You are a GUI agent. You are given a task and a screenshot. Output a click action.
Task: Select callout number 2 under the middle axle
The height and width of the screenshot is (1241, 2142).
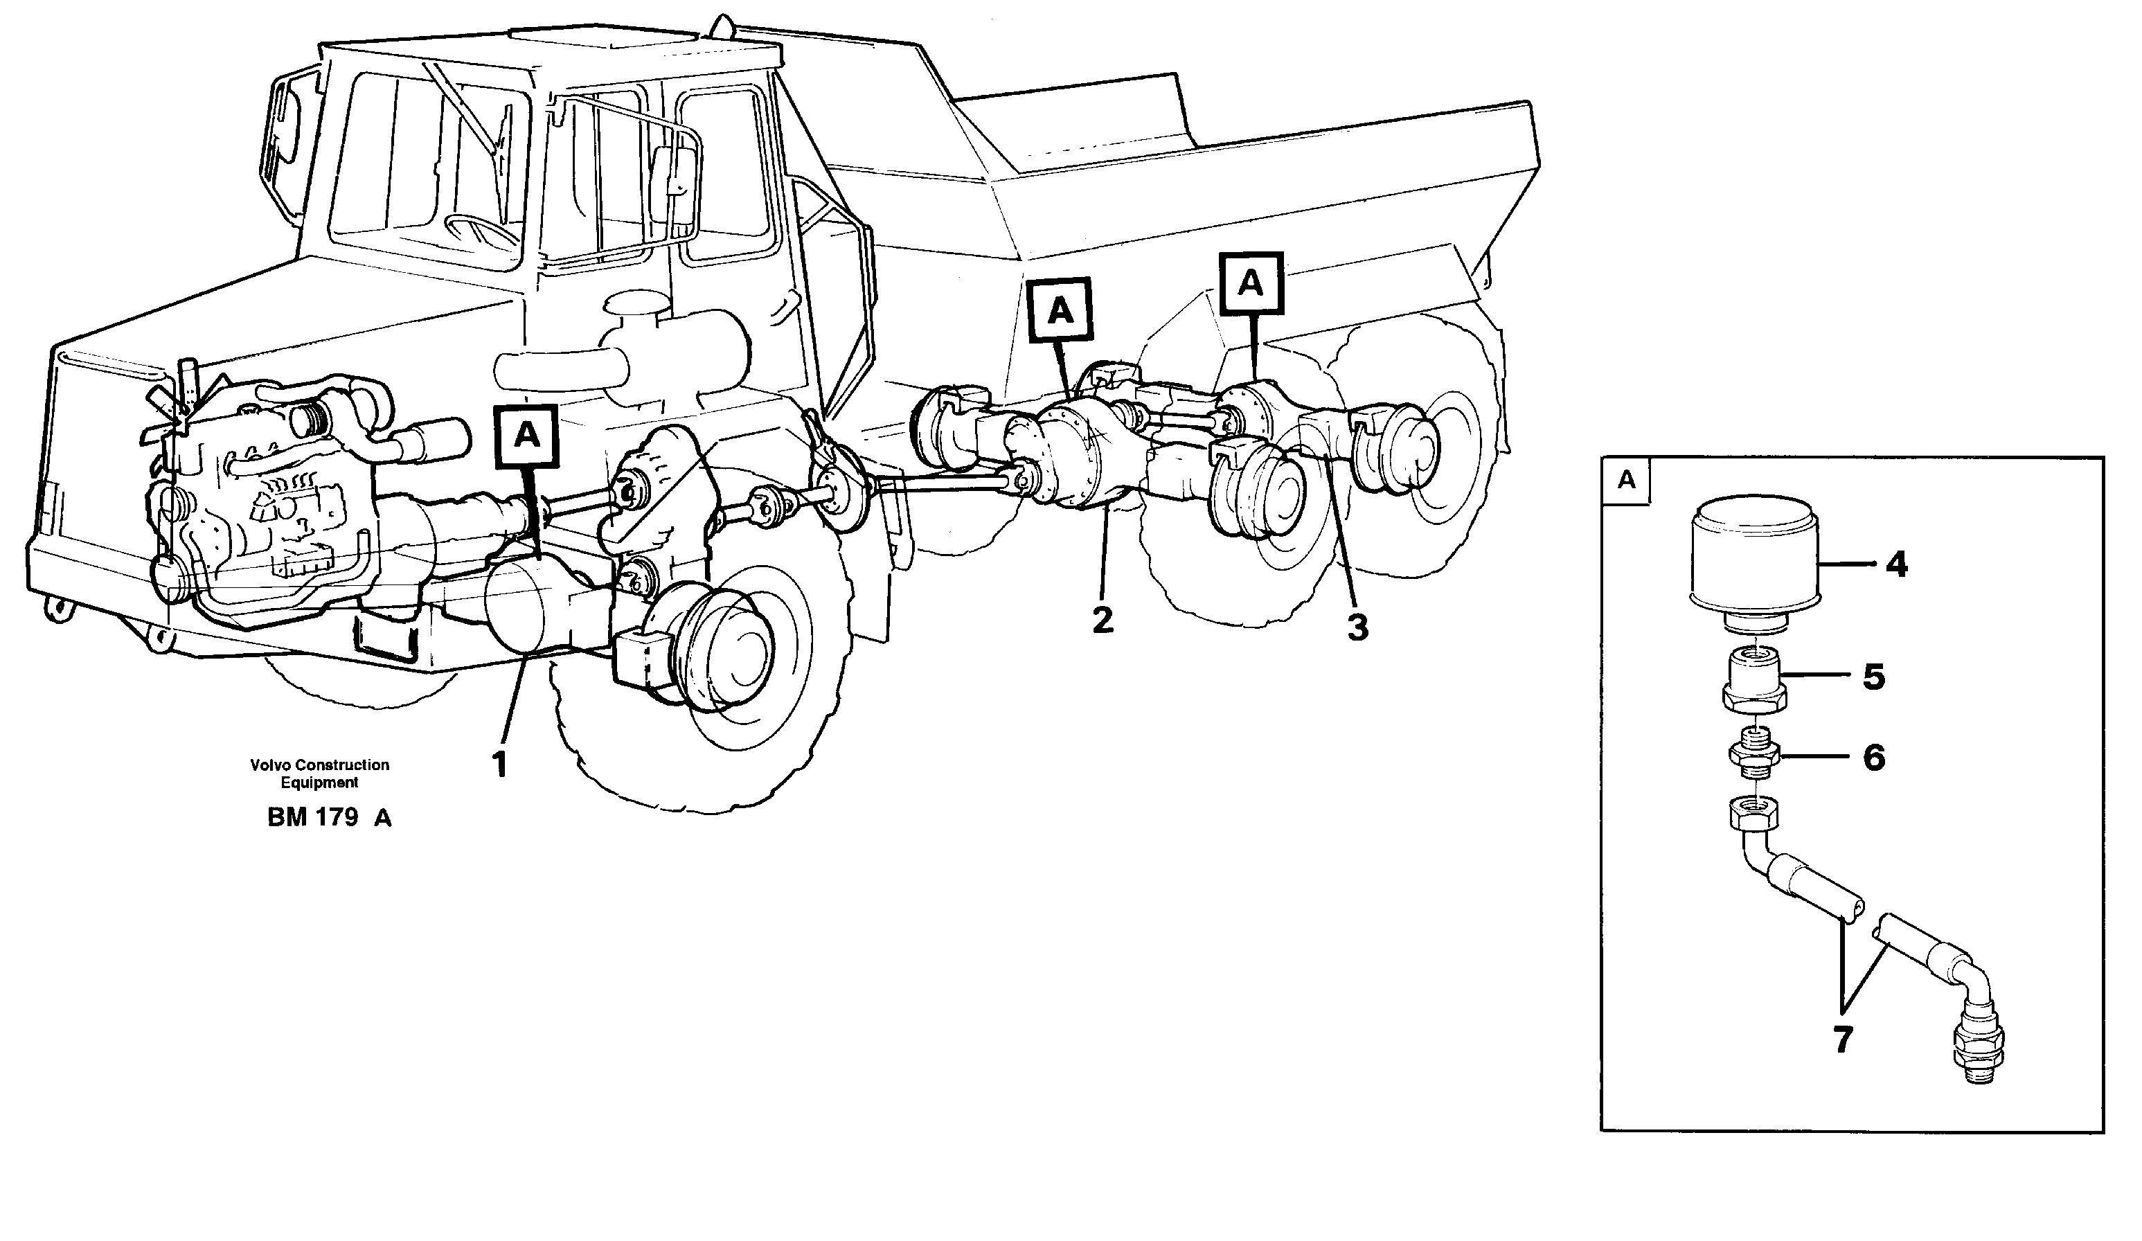(1102, 620)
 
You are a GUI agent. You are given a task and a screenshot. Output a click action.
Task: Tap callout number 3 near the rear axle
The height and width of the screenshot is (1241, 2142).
(1357, 628)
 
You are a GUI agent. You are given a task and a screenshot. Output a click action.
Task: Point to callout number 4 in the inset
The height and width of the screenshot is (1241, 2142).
(1896, 564)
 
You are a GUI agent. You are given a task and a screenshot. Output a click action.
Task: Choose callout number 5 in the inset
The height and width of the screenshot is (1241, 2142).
(1873, 677)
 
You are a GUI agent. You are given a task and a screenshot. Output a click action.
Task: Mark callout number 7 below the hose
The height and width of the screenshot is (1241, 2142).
(1842, 1039)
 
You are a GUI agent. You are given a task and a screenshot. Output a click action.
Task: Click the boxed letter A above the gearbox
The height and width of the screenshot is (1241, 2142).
(527, 436)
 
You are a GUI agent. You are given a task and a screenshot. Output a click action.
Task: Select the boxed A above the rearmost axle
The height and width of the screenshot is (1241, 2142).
(1250, 283)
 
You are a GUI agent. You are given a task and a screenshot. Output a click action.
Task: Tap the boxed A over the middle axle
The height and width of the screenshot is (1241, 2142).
(1060, 311)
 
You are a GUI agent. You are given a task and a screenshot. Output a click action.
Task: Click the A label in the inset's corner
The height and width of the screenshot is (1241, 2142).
(1626, 480)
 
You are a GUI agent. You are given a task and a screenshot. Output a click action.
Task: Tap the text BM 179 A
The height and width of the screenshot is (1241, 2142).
(329, 818)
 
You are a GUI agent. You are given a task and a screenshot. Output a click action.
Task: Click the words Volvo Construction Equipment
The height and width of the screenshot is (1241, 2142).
(319, 774)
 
